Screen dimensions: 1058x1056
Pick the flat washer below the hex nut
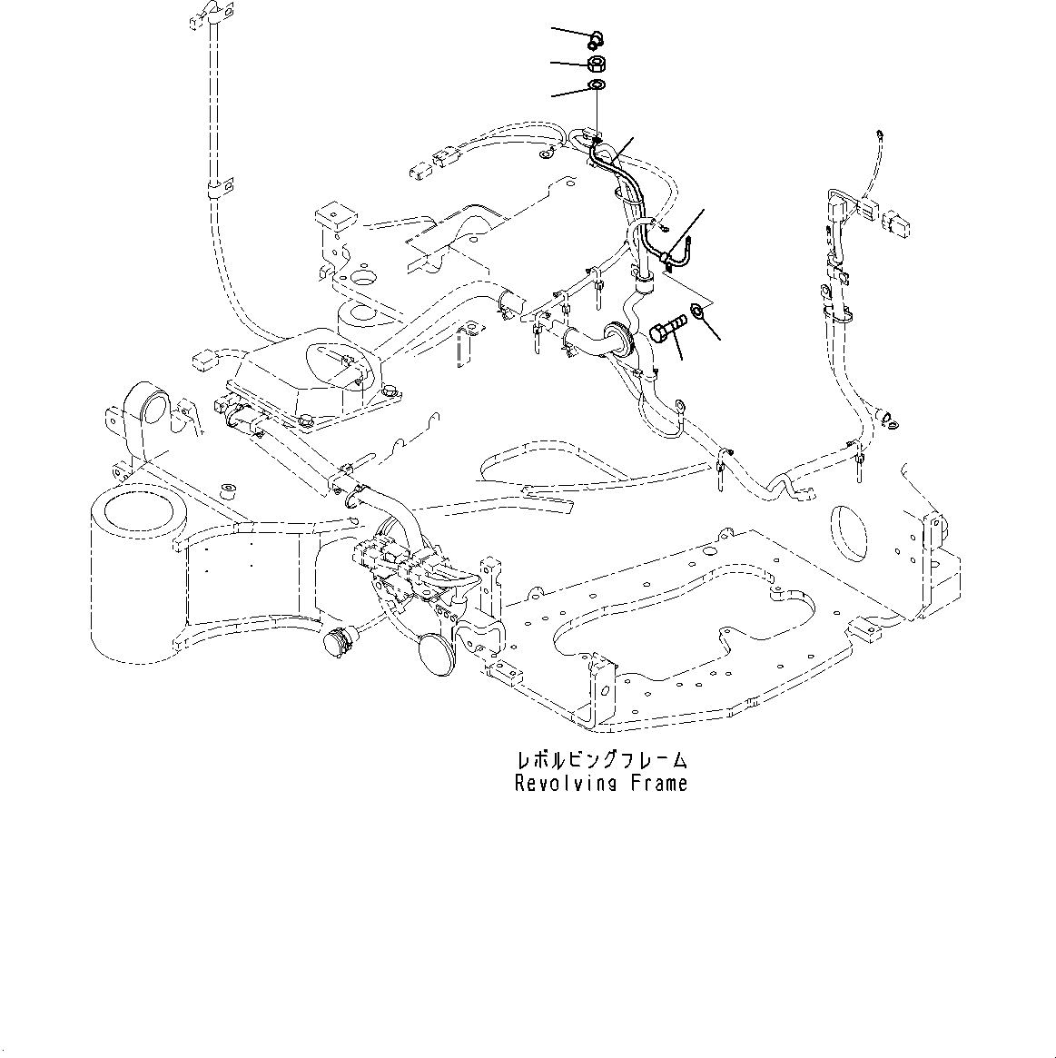click(597, 86)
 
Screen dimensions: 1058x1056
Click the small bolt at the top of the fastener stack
click(596, 38)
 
